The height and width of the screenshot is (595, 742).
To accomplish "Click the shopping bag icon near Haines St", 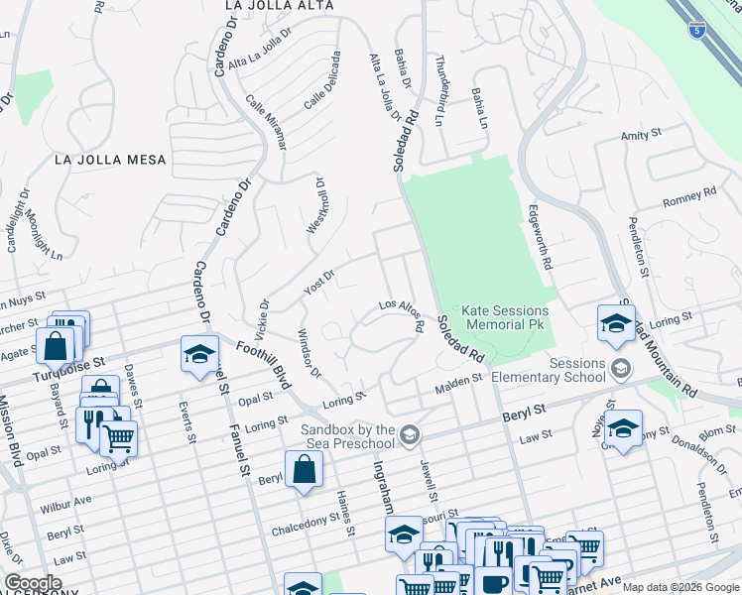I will pyautogui.click(x=304, y=471).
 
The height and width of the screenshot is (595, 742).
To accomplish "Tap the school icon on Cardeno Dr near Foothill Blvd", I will pyautogui.click(x=199, y=353).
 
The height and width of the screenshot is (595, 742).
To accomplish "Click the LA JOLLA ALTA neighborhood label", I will pyautogui.click(x=279, y=6).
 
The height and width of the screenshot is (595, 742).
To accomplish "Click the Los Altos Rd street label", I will pyautogui.click(x=403, y=314).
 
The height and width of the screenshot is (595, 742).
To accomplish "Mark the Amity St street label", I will pyautogui.click(x=641, y=135).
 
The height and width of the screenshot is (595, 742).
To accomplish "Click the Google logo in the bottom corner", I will pyautogui.click(x=33, y=583).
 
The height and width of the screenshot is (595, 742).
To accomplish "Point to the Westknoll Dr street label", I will pyautogui.click(x=316, y=206).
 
